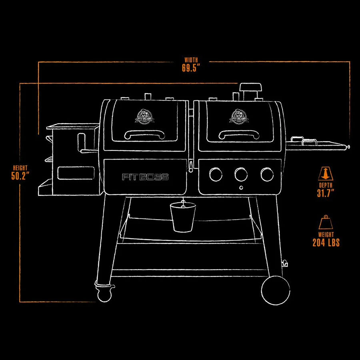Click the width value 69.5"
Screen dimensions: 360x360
191,68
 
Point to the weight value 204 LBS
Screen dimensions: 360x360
326,242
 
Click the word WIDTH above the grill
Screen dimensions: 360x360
191,60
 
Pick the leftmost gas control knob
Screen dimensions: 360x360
216,174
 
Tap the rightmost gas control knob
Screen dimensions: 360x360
266,174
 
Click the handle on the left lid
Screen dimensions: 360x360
144,134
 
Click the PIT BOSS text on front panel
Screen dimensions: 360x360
145,177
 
